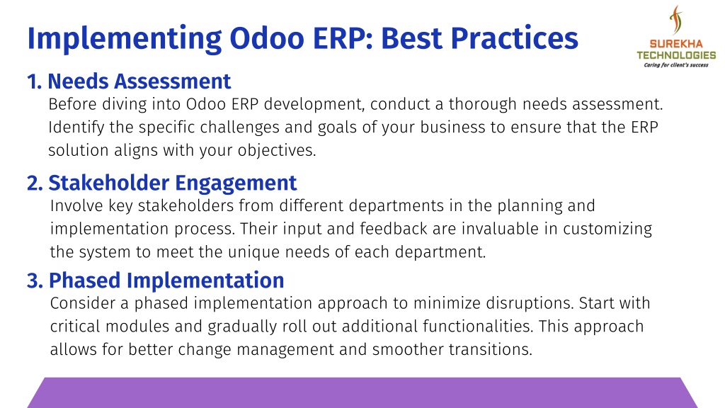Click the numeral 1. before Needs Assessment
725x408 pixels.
pos(34,81)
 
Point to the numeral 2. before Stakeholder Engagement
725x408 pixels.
pos(35,183)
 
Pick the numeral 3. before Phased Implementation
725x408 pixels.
pos(35,280)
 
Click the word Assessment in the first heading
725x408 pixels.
pos(173,81)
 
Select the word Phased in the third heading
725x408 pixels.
pos(85,280)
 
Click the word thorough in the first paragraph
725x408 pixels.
pos(482,105)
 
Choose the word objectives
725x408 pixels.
pos(277,151)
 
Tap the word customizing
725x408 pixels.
pos(607,229)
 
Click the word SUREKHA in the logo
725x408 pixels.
pos(676,45)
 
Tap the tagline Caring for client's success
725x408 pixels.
pos(676,65)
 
